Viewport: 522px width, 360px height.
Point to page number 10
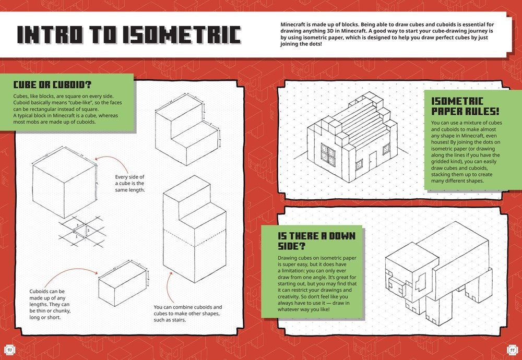(9, 349)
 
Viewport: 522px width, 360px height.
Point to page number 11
(512, 349)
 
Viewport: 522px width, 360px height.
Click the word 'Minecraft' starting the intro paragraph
(294, 25)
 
